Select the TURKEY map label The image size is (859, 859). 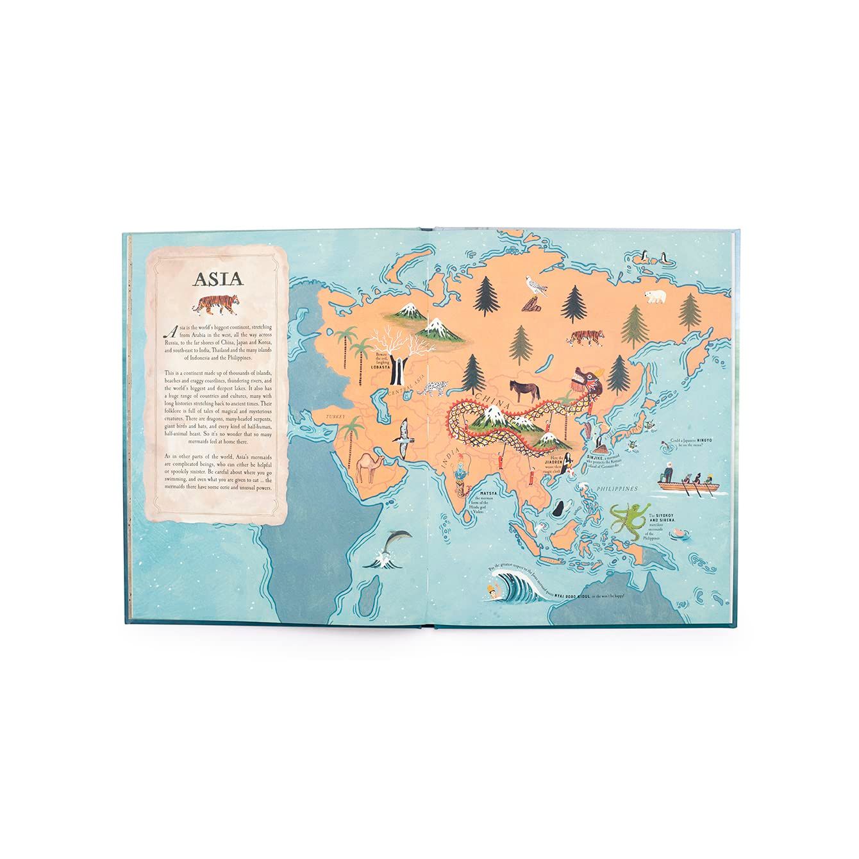(x=335, y=416)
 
